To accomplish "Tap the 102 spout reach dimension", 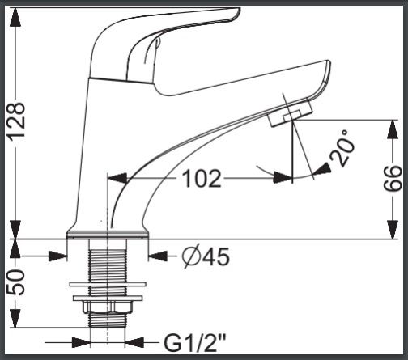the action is [202, 178].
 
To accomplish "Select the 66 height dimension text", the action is [393, 178].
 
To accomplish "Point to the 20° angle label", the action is [342, 148].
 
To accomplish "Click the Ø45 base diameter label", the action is [206, 256].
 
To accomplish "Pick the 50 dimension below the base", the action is [15, 282].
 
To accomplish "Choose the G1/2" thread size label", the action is [195, 343].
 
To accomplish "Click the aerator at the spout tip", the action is [291, 113].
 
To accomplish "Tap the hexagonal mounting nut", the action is [108, 307].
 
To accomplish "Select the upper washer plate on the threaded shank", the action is [108, 284].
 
